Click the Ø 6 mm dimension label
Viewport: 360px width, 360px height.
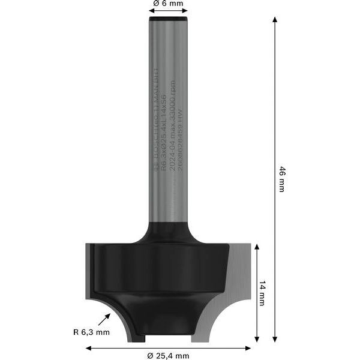(167, 4)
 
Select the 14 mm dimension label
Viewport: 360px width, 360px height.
(262, 293)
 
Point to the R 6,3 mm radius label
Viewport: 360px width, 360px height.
(92, 332)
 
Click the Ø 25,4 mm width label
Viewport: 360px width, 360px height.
(169, 356)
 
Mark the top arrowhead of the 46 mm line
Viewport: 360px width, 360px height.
(275, 20)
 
